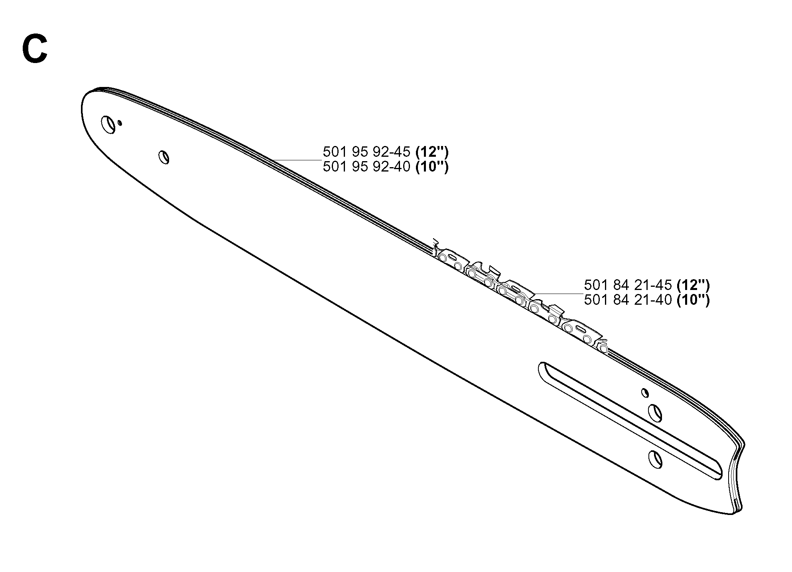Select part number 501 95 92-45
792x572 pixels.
point(366,152)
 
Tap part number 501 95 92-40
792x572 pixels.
point(366,166)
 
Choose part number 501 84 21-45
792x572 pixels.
point(628,285)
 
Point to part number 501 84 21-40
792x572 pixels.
point(628,299)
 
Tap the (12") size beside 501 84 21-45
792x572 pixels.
point(693,285)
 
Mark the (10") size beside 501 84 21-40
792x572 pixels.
point(693,299)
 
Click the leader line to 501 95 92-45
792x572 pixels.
point(296,160)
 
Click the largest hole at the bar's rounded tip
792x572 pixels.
point(109,124)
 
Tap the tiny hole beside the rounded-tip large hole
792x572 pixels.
point(120,123)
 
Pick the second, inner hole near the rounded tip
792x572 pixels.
point(164,157)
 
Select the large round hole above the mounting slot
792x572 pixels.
point(655,413)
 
